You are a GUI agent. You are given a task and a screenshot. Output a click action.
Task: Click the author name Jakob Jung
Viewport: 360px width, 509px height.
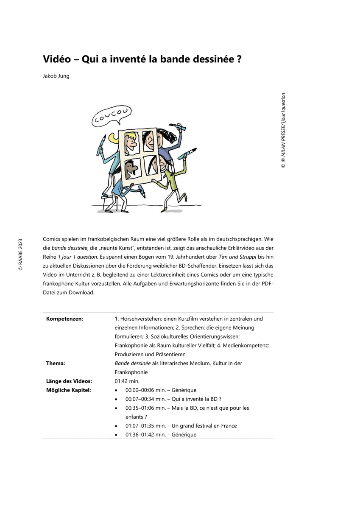click(56, 76)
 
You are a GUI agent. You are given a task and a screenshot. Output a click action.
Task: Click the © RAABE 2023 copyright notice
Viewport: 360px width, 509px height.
click(20, 254)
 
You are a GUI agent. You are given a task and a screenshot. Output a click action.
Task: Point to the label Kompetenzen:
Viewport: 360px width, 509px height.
click(64, 319)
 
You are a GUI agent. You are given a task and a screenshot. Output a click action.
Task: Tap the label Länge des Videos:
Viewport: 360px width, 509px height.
click(69, 381)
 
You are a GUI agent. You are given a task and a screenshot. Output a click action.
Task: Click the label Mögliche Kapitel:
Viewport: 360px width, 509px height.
click(68, 390)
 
